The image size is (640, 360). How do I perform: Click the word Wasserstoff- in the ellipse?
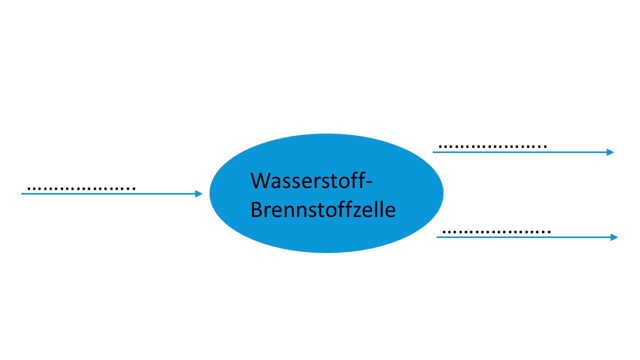click(311, 180)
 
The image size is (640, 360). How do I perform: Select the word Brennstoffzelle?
click(322, 210)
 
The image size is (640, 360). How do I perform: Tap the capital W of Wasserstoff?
click(260, 180)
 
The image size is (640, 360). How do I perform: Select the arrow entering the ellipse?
click(110, 193)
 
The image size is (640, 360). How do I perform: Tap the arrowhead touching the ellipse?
click(199, 193)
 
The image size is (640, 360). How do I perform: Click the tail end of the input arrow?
click(22, 193)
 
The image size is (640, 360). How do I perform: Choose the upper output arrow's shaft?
click(520, 152)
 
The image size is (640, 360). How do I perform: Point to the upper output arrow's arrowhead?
click(610, 152)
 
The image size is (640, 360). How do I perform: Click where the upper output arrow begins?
click(434, 152)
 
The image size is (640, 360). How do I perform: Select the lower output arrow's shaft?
click(525, 237)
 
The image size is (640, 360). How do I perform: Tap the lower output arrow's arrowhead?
click(615, 237)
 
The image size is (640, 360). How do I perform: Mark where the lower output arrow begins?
click(438, 237)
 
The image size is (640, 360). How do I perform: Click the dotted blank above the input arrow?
click(81, 189)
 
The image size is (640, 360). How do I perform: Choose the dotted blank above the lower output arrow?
click(496, 232)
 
